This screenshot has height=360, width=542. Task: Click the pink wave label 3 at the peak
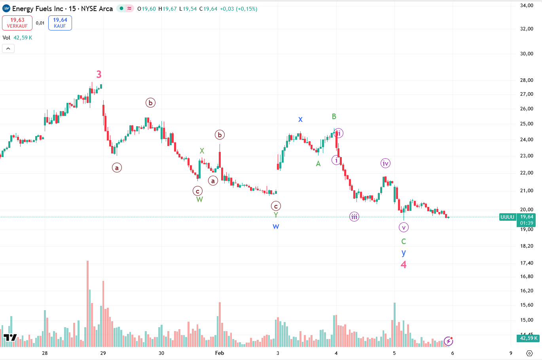[99, 74]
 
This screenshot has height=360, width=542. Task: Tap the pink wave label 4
[404, 265]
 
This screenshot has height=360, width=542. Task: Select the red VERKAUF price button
[17, 23]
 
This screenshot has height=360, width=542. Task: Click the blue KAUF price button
[60, 23]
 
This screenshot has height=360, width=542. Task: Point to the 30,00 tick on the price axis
[527, 54]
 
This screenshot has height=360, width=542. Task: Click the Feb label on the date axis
[220, 353]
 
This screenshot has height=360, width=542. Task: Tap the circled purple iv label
[385, 163]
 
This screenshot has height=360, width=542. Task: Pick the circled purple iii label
[354, 216]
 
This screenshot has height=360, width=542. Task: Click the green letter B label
[334, 116]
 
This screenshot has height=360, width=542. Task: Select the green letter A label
[318, 163]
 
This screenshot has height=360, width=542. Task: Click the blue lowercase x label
[300, 119]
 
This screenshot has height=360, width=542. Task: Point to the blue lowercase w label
[276, 226]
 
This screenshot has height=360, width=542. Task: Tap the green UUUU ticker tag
[508, 217]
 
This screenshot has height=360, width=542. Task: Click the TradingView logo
[10, 337]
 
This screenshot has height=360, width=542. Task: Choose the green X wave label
[202, 151]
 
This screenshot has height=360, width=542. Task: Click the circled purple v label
[403, 227]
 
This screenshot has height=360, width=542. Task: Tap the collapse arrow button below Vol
[8, 49]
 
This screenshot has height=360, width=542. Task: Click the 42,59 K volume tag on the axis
[528, 338]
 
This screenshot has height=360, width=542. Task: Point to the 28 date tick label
[45, 353]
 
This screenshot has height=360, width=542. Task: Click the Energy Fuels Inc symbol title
[63, 9]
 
